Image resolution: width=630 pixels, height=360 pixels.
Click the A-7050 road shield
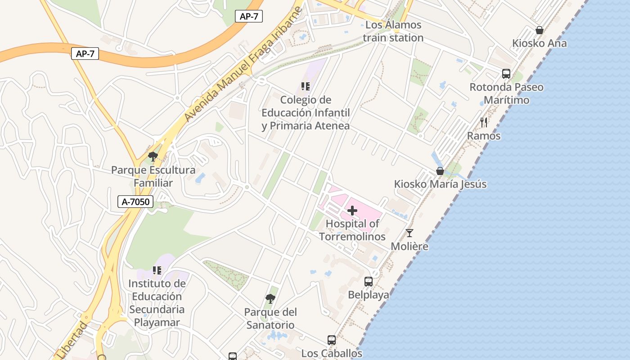[135, 202]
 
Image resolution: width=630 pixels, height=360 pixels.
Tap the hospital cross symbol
[352, 211]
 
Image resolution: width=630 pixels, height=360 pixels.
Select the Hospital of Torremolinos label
[352, 230]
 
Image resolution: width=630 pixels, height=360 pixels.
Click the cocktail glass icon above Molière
[409, 233]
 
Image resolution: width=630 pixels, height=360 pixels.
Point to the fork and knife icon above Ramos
[484, 122]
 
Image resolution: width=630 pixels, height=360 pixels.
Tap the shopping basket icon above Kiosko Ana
[539, 30]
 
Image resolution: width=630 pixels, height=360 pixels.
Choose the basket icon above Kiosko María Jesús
[440, 171]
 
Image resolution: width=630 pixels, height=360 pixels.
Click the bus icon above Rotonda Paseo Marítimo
[506, 73]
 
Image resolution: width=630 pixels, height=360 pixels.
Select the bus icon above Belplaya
[369, 282]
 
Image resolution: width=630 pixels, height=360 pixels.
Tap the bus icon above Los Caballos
[332, 340]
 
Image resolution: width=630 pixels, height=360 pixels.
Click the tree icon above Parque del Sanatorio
[270, 298]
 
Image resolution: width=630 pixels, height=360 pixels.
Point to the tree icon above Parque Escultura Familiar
[153, 157]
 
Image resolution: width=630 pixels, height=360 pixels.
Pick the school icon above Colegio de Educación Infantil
[306, 86]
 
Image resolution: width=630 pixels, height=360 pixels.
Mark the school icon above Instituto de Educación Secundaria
[157, 270]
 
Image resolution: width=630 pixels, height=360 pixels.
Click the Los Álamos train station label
[393, 31]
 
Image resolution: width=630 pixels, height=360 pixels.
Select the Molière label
[409, 247]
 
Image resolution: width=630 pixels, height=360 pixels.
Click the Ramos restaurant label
[484, 135]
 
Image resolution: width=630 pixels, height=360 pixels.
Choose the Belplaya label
[369, 295]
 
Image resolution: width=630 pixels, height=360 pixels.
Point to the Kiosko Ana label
[539, 43]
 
